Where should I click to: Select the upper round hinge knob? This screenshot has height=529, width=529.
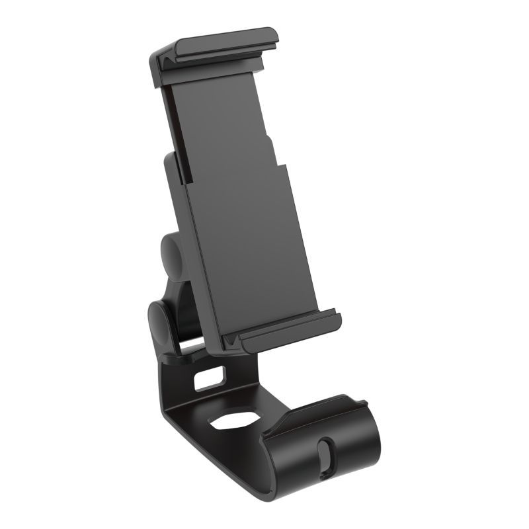click(x=171, y=255)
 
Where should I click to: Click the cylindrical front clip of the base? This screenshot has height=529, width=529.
click(x=331, y=443)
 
